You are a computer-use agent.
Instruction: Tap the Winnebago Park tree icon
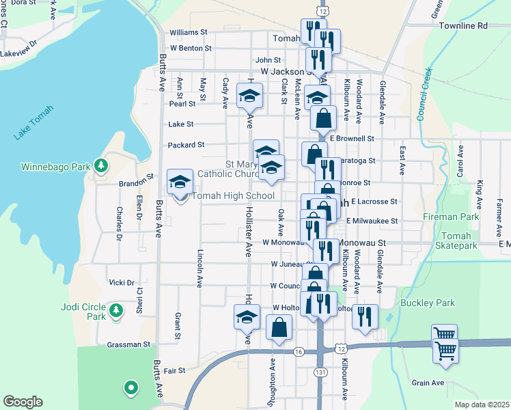click(101, 165)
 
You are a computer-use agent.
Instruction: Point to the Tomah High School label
click(233, 196)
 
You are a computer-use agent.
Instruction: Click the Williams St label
click(189, 32)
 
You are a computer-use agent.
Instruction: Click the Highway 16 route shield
click(298, 351)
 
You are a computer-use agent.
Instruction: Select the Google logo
click(23, 402)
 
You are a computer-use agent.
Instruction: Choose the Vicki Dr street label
click(121, 282)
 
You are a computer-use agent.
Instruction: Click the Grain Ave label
click(428, 383)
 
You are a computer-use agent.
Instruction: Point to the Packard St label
click(187, 145)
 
